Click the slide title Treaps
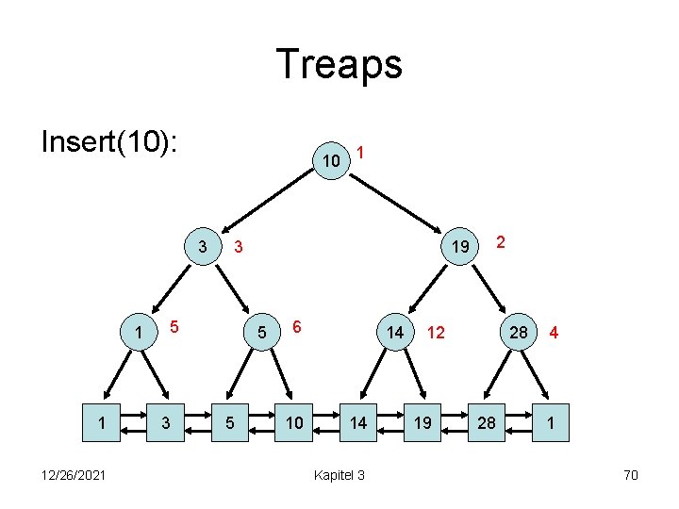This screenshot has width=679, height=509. click(339, 65)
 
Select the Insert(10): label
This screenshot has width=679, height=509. click(111, 143)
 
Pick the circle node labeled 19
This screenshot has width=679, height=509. click(459, 247)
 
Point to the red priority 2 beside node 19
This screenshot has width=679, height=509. click(502, 241)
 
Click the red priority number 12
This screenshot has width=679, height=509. click(436, 333)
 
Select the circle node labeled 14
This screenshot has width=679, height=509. click(395, 332)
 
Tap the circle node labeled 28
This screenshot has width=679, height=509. click(519, 332)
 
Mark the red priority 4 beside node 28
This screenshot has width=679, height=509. click(555, 333)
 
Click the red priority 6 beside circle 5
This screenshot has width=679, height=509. click(296, 324)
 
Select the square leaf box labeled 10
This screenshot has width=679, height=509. click(295, 422)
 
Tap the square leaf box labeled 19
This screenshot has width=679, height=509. click(422, 422)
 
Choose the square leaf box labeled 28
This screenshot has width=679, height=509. click(487, 422)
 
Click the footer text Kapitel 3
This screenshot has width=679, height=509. click(341, 474)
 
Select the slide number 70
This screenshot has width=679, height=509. click(631, 474)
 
